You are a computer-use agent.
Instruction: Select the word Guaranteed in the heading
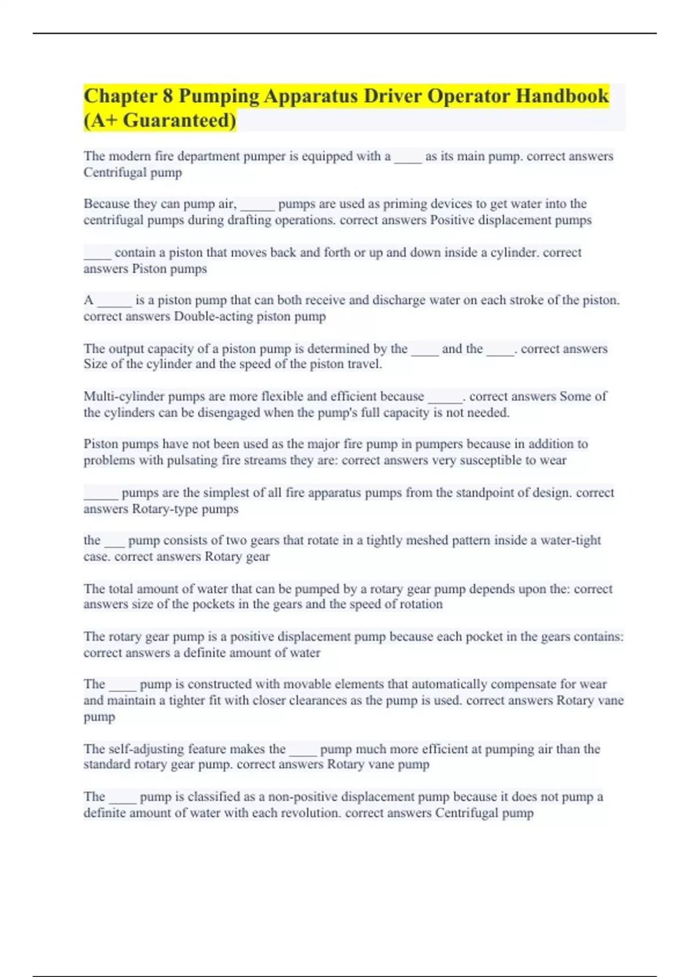pyautogui.click(x=178, y=121)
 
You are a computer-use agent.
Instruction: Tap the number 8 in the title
pyautogui.click(x=167, y=96)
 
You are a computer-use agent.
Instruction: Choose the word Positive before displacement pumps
pyautogui.click(x=455, y=220)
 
